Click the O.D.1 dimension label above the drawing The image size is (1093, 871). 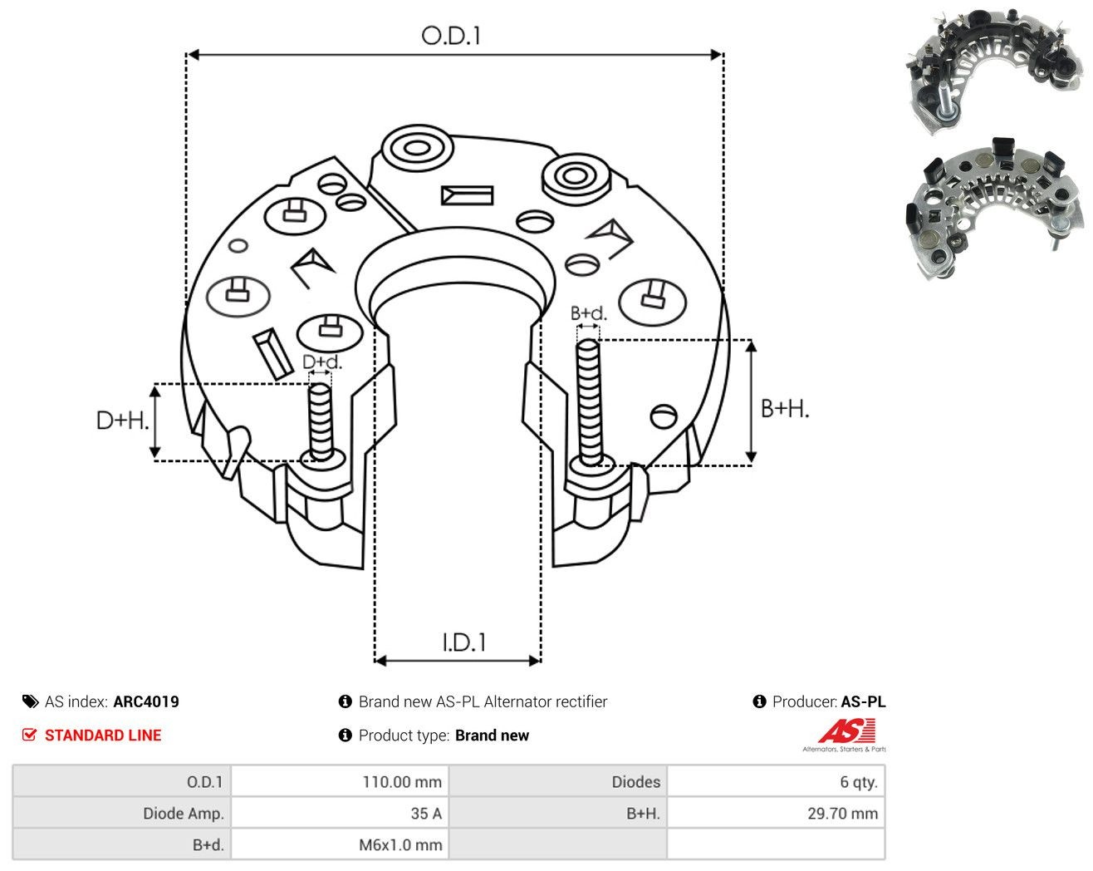pyautogui.click(x=451, y=36)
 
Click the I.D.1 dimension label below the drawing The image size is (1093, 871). pyautogui.click(x=464, y=642)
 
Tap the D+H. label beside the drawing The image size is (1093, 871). pyautogui.click(x=122, y=421)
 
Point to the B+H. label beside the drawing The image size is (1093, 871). pyautogui.click(x=785, y=409)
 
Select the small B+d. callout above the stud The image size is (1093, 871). pyautogui.click(x=589, y=313)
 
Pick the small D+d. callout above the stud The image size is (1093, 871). pyautogui.click(x=322, y=362)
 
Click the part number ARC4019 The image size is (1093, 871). pyautogui.click(x=146, y=701)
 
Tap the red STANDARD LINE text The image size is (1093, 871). pyautogui.click(x=103, y=736)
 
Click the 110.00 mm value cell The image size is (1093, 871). pyautogui.click(x=340, y=781)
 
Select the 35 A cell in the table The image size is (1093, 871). pyautogui.click(x=340, y=813)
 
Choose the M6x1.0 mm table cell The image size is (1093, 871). pyautogui.click(x=340, y=844)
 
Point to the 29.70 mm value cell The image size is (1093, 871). pyautogui.click(x=776, y=813)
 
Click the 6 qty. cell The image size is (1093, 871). pyautogui.click(x=776, y=781)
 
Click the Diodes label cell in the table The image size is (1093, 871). pyautogui.click(x=558, y=781)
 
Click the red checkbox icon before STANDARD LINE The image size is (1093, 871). pyautogui.click(x=29, y=735)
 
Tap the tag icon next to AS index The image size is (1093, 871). pyautogui.click(x=31, y=701)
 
